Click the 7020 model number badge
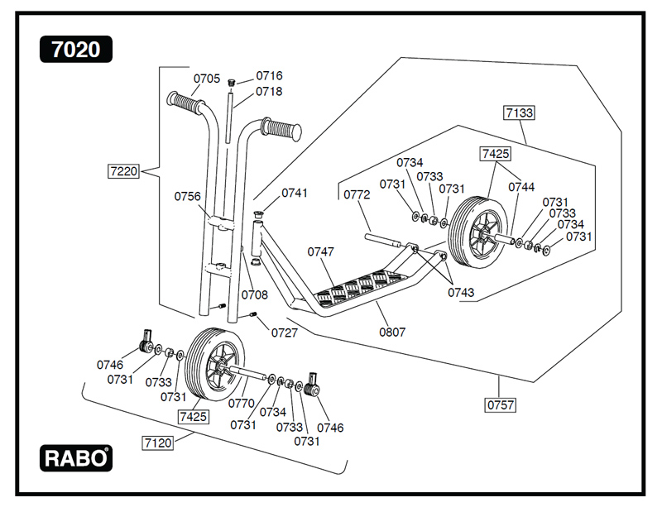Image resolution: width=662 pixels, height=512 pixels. point(75,50)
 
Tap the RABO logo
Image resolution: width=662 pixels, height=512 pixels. point(75,457)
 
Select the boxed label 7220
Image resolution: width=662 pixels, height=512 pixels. point(122,172)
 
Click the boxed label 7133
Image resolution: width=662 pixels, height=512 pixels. point(519,112)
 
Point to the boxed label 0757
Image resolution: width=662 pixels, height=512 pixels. point(500,405)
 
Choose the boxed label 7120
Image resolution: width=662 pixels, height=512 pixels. point(157,443)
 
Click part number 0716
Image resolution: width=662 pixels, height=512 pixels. point(269,76)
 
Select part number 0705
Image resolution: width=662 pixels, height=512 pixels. point(207,79)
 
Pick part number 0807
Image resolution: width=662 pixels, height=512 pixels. point(392,332)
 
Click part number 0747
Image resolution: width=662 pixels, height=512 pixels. point(321,251)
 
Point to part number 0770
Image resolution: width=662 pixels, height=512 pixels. point(241,404)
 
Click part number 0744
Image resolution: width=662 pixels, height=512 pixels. point(521,187)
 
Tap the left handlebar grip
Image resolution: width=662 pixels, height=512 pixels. point(185,103)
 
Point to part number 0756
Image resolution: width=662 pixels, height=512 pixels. point(187,196)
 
